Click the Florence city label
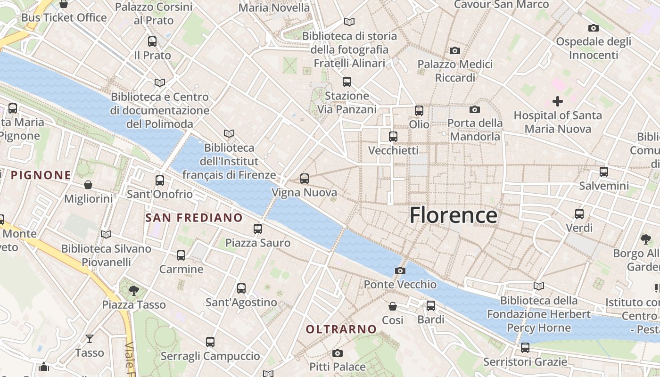click(453, 215)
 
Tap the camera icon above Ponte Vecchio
click(400, 270)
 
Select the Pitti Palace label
click(338, 367)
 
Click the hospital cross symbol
click(558, 101)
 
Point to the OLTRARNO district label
click(341, 329)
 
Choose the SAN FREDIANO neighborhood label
click(194, 218)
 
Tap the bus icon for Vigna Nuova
click(305, 179)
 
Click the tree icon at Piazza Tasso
click(134, 290)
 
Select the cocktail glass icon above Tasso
click(90, 338)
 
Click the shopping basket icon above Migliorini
click(88, 184)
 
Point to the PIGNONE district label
click(41, 175)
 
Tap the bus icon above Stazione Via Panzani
click(347, 82)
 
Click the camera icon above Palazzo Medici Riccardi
click(455, 50)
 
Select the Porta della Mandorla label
click(475, 130)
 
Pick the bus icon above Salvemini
click(604, 172)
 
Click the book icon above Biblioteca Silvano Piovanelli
click(106, 234)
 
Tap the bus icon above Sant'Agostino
click(241, 288)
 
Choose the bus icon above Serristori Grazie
click(525, 348)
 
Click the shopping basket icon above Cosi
click(393, 306)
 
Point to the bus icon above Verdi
click(579, 213)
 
